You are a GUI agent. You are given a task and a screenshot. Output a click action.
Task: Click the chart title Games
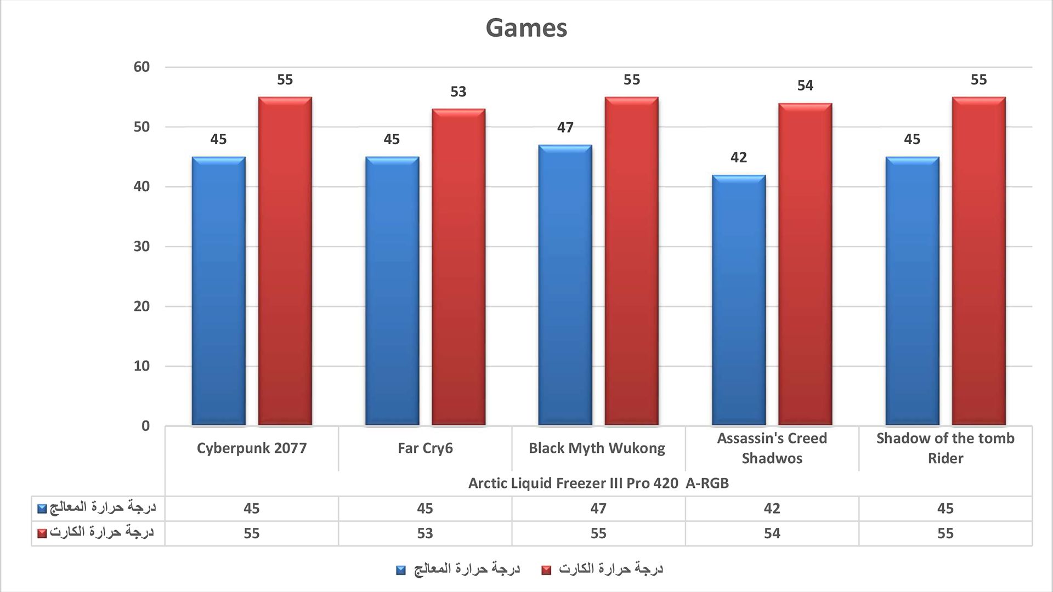[526, 28]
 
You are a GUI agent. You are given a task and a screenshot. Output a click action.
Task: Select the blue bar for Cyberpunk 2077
[218, 291]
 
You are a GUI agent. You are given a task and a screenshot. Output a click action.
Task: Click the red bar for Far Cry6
[458, 267]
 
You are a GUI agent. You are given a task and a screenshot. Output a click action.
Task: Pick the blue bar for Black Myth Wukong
[565, 285]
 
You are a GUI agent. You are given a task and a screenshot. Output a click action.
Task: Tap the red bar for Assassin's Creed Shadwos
[805, 264]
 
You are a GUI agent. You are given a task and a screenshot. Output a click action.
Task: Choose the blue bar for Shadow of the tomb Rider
[912, 291]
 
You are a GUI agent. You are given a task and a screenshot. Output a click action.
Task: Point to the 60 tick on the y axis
[141, 67]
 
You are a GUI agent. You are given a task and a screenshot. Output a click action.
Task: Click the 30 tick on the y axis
[141, 246]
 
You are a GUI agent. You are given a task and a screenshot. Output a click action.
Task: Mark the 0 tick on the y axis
[145, 426]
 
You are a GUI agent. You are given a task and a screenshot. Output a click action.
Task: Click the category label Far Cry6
[425, 448]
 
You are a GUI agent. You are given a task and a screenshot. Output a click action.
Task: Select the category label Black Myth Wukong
[597, 448]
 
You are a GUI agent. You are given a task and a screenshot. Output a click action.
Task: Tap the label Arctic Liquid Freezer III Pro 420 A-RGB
[598, 483]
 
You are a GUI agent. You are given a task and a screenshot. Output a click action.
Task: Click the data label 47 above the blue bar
[565, 128]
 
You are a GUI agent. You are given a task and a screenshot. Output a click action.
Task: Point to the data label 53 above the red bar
[458, 92]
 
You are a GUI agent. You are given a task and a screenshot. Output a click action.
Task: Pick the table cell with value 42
[772, 509]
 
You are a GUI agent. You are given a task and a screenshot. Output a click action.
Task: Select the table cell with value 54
[772, 533]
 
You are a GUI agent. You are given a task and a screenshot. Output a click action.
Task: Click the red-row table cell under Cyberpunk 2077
[251, 533]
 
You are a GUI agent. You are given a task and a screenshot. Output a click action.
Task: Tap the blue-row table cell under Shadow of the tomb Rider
[945, 509]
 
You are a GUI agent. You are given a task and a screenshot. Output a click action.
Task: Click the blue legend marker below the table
[401, 571]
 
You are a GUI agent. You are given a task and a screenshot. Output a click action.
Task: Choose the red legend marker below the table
[546, 571]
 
